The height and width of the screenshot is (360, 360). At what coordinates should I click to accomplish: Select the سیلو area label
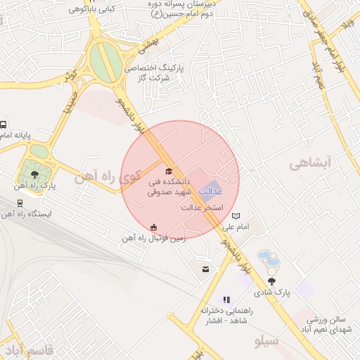267,342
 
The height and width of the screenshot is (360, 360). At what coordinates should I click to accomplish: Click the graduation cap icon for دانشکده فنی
169,172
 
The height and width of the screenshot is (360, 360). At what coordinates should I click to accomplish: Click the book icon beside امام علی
236,216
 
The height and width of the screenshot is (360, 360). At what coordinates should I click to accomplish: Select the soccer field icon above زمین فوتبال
154,226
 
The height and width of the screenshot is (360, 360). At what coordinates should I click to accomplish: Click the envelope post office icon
205,269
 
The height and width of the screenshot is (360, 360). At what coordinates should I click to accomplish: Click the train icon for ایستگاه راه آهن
20,203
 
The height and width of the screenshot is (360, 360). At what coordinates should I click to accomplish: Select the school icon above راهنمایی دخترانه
226,300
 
